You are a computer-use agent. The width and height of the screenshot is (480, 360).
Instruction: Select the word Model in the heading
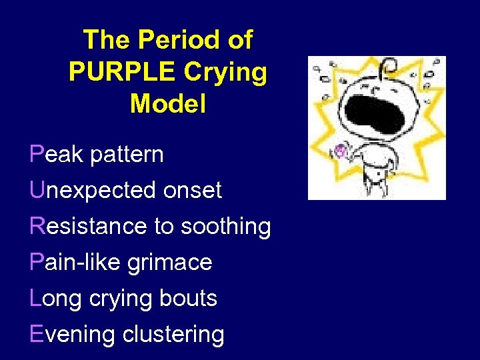168,103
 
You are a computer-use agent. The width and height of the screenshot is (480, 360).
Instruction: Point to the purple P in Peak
37,155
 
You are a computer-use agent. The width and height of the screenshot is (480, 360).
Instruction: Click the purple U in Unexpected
37,191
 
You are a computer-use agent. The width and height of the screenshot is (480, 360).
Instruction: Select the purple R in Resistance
38,227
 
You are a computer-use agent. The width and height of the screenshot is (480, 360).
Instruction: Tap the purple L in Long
36,298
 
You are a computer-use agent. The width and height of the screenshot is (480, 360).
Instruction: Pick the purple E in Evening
37,334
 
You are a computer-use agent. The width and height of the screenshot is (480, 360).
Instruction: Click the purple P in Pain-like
37,262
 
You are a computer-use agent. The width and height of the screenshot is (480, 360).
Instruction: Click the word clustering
173,335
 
